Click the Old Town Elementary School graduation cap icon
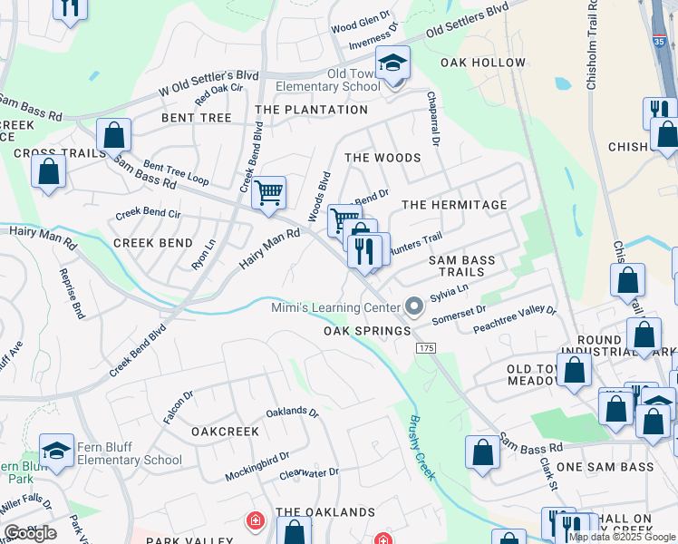point(392,63)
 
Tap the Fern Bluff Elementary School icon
point(56,450)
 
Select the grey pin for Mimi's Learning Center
point(414,308)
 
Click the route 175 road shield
point(426,348)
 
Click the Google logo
point(30,533)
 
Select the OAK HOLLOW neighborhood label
point(482,63)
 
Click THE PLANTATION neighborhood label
point(311,110)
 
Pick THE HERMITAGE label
point(454,205)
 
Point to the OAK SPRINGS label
point(367,331)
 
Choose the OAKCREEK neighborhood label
point(218,432)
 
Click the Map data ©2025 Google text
point(622,537)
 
